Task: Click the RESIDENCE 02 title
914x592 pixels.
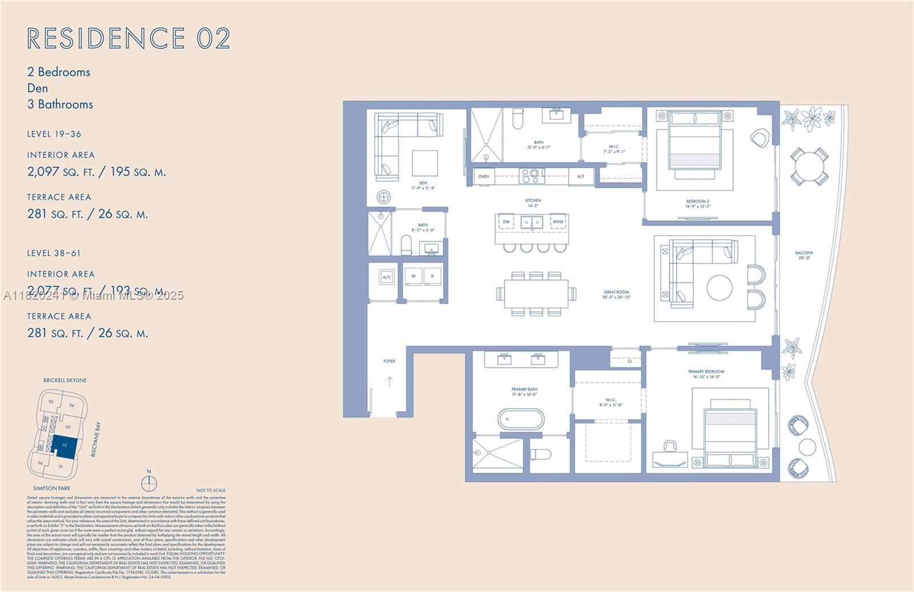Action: tap(129, 38)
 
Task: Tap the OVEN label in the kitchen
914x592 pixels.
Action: tap(483, 176)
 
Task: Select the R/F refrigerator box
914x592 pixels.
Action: tap(581, 176)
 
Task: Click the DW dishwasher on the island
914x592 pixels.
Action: tap(506, 221)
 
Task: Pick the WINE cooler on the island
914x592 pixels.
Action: tap(558, 221)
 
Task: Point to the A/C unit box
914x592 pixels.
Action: tap(387, 277)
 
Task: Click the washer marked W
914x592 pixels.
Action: tap(413, 276)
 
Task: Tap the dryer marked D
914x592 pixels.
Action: tap(432, 276)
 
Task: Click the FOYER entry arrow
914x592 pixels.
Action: tap(389, 381)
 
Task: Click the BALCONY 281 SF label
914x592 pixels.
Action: tap(804, 255)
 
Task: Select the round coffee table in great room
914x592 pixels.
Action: tap(719, 288)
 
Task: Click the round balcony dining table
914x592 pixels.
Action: tap(808, 166)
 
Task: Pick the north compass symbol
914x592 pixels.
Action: tap(149, 483)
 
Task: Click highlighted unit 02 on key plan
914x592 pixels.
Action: tap(64, 445)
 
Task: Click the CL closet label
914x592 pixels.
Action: tap(630, 361)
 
